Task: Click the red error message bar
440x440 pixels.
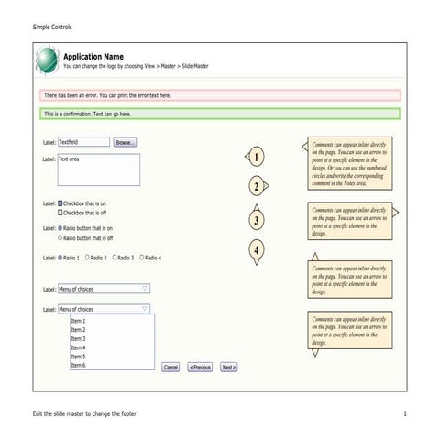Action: pos(220,94)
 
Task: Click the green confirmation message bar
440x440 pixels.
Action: pos(220,114)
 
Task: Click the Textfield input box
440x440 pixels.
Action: pos(82,142)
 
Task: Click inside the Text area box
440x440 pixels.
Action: pos(98,170)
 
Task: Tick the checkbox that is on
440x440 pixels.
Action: pos(60,203)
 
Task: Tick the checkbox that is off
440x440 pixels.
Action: pos(60,213)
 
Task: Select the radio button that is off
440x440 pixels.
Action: pos(60,237)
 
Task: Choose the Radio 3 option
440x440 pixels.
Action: pos(115,258)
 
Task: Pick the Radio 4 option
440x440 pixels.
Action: pos(142,258)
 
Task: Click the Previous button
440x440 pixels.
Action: pos(200,367)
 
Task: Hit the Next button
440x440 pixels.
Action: pos(229,367)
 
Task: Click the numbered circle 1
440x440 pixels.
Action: pos(258,157)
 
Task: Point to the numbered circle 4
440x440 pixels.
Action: pos(258,249)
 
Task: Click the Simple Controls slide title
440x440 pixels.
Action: pos(52,27)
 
